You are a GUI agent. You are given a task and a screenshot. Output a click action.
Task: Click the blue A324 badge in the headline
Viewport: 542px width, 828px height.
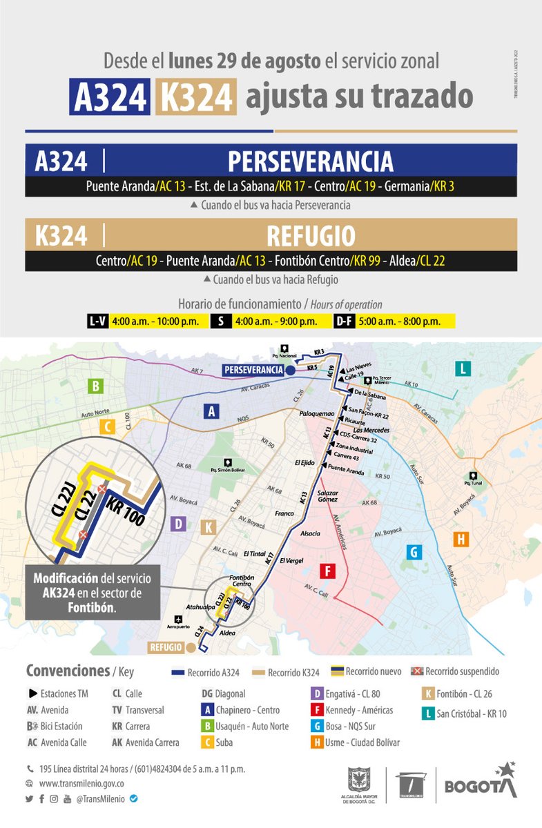tap(109, 97)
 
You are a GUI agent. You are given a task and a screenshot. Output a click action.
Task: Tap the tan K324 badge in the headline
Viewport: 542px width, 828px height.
tap(196, 97)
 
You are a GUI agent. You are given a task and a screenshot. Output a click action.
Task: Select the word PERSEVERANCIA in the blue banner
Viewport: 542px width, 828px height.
tap(310, 161)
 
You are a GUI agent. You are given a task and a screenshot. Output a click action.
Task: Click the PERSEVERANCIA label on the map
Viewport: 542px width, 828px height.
tap(253, 371)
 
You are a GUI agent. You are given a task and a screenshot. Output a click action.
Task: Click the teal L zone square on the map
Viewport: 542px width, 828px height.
tap(463, 369)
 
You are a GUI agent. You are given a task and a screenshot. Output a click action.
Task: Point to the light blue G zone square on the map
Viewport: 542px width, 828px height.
tap(414, 552)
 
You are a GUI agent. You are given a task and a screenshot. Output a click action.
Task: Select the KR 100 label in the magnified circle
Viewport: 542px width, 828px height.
tap(125, 513)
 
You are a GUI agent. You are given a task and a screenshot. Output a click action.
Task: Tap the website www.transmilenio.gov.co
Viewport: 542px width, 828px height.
tap(81, 784)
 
